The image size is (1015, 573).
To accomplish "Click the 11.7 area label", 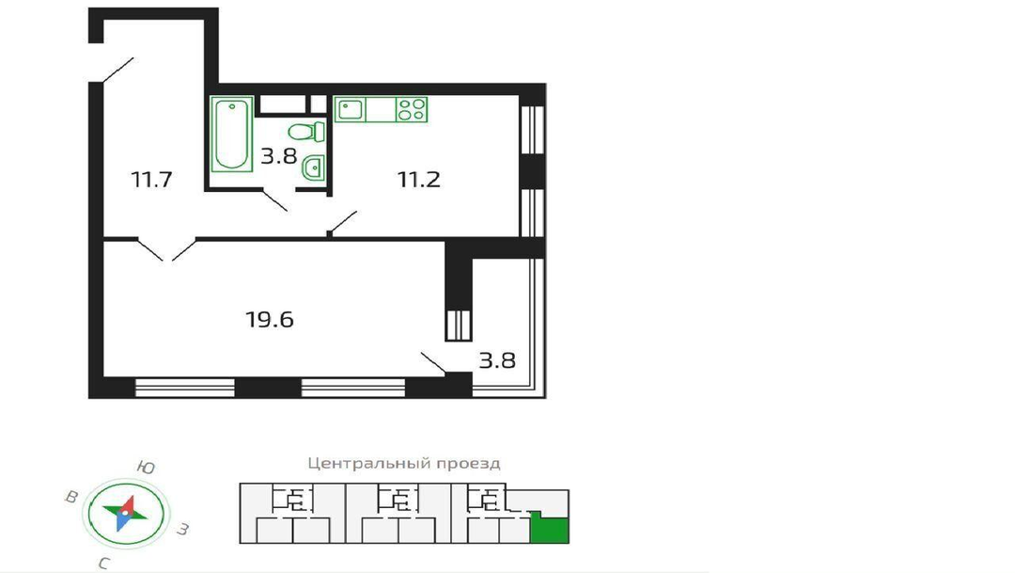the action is point(152,179).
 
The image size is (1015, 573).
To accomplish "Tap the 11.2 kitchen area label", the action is point(419,179).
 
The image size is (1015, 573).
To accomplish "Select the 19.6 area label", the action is point(270,320).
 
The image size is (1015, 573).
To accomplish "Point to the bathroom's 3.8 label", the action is point(278,156).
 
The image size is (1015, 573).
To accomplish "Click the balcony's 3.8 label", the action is point(497,360).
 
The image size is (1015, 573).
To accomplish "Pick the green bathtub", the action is point(231,135).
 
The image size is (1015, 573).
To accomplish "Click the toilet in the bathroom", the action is point(306,132).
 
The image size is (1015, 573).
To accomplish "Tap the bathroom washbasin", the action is point(313,167).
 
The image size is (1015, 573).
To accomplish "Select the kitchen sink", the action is point(351,109).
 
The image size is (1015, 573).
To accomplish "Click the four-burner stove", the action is point(412,109).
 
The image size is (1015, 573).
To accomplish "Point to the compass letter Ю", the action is point(147,468).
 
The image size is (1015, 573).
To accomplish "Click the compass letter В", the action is point(71,497).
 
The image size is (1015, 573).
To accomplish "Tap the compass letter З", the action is point(183,530).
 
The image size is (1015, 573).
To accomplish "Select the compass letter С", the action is point(103,564).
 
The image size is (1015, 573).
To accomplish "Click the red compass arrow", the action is point(128,505).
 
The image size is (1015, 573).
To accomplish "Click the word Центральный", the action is point(368,464).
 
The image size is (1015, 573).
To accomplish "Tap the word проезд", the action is point(468,464).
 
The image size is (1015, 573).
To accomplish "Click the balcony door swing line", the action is point(433,363).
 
